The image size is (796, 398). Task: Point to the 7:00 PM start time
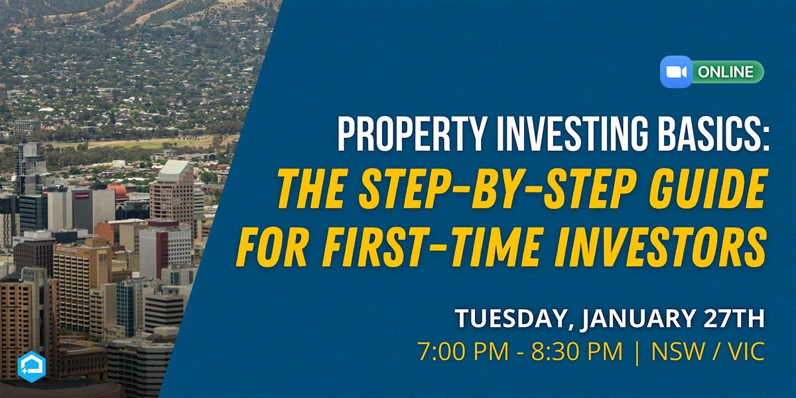click(x=464, y=352)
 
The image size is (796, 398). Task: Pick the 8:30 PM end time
click(x=576, y=352)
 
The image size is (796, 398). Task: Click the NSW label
click(x=678, y=352)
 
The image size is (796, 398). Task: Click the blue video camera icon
click(x=676, y=72)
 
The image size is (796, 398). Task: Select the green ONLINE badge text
click(x=725, y=72)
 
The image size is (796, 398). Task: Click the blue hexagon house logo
click(x=32, y=366)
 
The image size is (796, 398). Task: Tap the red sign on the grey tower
click(x=82, y=196)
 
